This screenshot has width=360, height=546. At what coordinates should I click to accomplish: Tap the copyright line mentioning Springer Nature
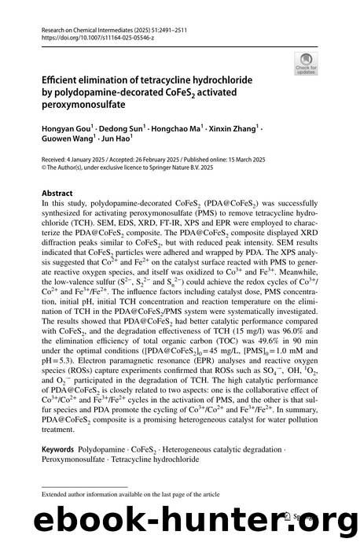[x=121, y=167]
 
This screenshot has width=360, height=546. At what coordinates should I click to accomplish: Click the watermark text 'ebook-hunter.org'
[x=179, y=520]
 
